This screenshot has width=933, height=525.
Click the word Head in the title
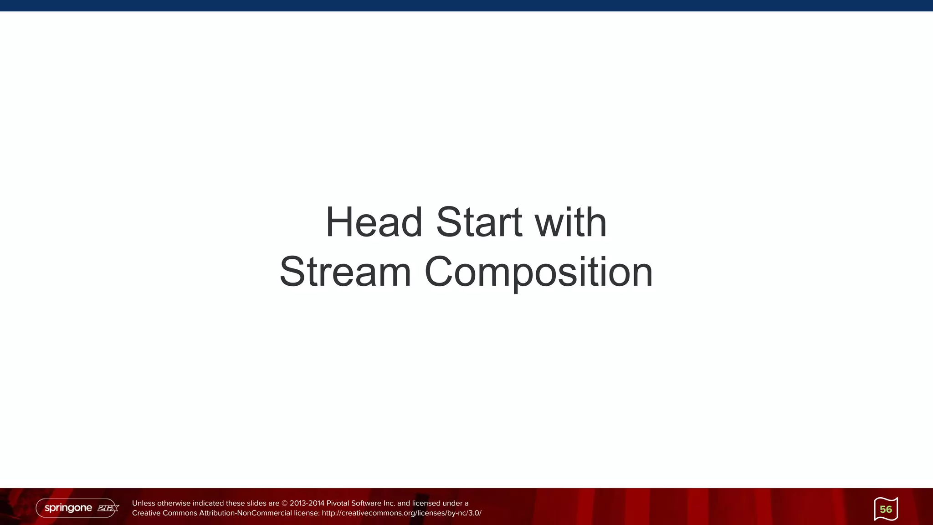tap(374, 222)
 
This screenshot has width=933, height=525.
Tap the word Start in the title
tap(479, 222)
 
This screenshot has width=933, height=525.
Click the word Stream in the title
tap(345, 272)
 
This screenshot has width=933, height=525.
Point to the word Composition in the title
tap(538, 272)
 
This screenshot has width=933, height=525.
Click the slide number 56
tap(886, 509)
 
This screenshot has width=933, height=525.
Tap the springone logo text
tap(68, 508)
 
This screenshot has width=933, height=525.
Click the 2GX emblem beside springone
tap(108, 508)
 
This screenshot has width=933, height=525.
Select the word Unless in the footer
tap(143, 503)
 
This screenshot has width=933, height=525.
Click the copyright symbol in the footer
tap(285, 503)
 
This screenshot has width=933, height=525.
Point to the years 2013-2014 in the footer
tap(307, 503)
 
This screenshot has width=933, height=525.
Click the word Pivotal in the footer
tap(338, 503)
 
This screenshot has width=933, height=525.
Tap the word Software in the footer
tap(366, 503)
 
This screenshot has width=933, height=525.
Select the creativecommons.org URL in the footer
tap(401, 513)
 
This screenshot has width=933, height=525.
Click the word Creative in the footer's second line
tap(145, 513)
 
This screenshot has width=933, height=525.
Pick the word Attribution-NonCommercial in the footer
tap(246, 513)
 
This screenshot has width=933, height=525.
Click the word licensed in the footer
tap(426, 503)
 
